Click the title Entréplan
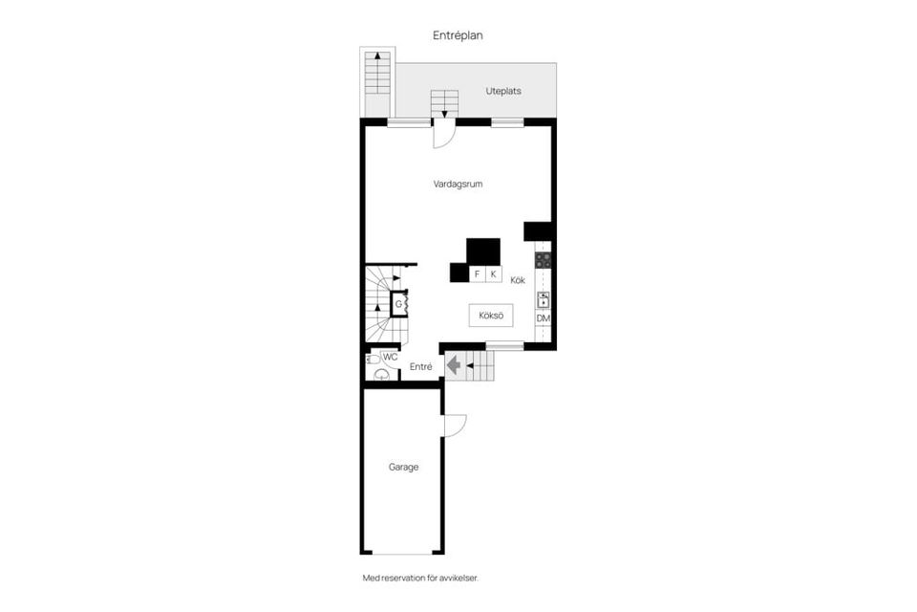[x=458, y=34]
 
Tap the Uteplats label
[x=502, y=91]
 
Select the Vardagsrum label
[x=458, y=184]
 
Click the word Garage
[x=403, y=468]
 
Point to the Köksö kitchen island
[x=490, y=316]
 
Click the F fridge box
[x=477, y=274]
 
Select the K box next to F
[x=494, y=274]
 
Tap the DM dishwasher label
[x=543, y=318]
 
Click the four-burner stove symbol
[x=543, y=259]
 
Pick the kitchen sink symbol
[x=543, y=299]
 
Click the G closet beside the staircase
[x=399, y=304]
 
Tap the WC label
[x=390, y=357]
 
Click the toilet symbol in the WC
[x=372, y=359]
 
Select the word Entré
[x=421, y=367]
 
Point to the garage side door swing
[x=453, y=426]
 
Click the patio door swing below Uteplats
[x=444, y=136]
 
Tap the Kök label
[x=518, y=280]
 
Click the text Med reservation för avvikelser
[x=419, y=579]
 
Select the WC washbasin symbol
[x=381, y=375]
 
